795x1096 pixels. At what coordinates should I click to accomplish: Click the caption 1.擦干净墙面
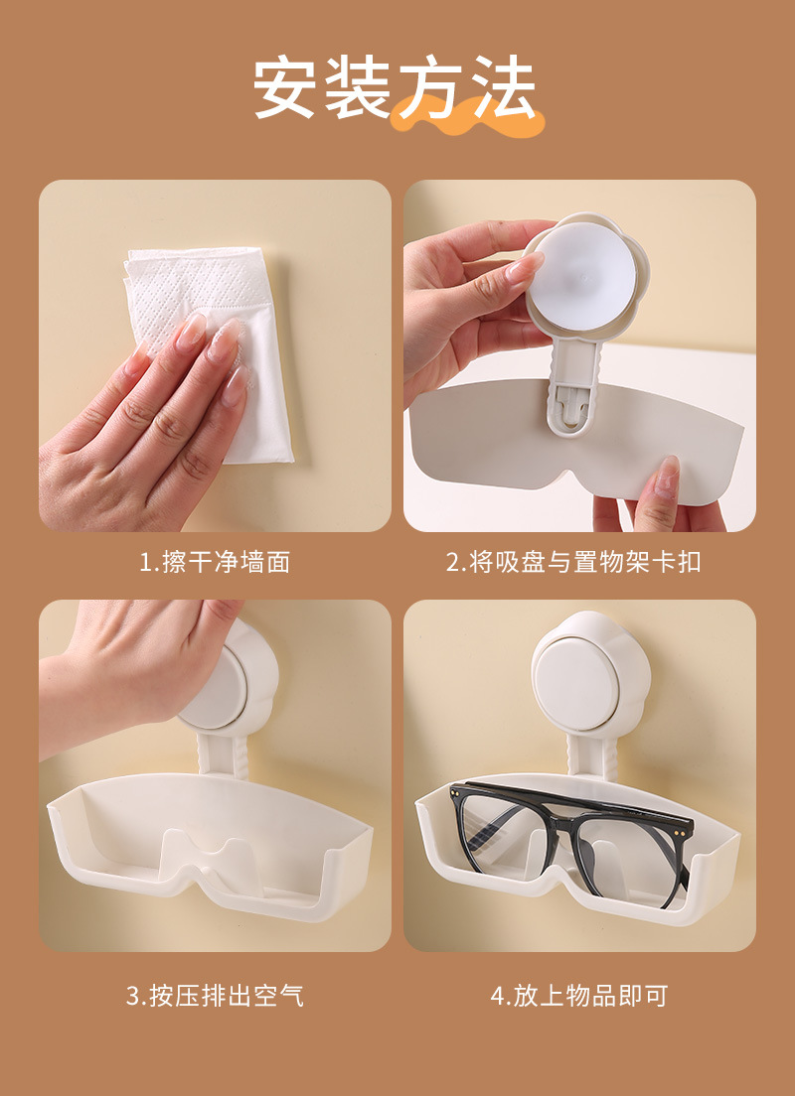coord(215,562)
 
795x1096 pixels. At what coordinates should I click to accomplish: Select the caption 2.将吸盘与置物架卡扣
coord(573,562)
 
